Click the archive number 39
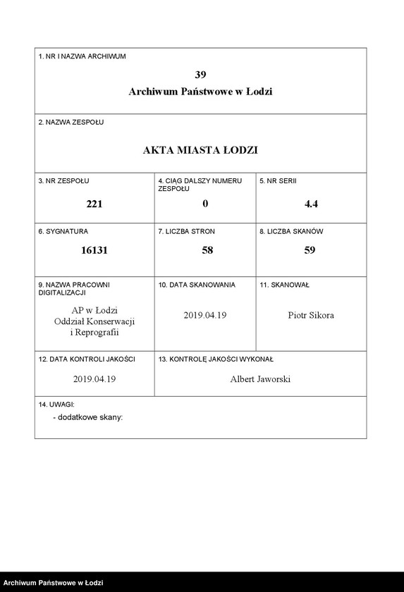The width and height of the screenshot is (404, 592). click(200, 74)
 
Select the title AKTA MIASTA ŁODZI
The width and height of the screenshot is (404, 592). click(200, 150)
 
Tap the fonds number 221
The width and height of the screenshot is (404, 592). click(94, 204)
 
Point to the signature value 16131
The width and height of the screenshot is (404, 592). click(94, 249)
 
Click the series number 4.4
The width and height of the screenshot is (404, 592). click(311, 204)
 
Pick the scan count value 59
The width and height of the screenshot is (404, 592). click(310, 249)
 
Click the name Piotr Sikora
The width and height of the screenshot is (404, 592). click(311, 315)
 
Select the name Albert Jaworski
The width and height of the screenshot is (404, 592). click(260, 379)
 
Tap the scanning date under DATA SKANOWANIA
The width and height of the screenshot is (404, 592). click(204, 315)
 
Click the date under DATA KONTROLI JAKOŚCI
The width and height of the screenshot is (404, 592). click(94, 379)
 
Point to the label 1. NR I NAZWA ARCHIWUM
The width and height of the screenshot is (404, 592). click(82, 56)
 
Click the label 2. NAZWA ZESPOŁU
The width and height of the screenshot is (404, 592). click(71, 122)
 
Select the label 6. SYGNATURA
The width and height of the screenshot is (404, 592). click(63, 230)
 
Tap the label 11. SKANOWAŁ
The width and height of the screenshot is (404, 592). click(284, 285)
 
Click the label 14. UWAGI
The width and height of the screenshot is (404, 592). click(56, 405)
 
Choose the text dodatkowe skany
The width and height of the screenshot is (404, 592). click(88, 417)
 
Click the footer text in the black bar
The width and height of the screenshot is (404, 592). click(53, 584)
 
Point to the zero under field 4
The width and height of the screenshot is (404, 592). click(205, 204)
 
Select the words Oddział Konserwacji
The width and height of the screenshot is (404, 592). click(94, 321)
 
